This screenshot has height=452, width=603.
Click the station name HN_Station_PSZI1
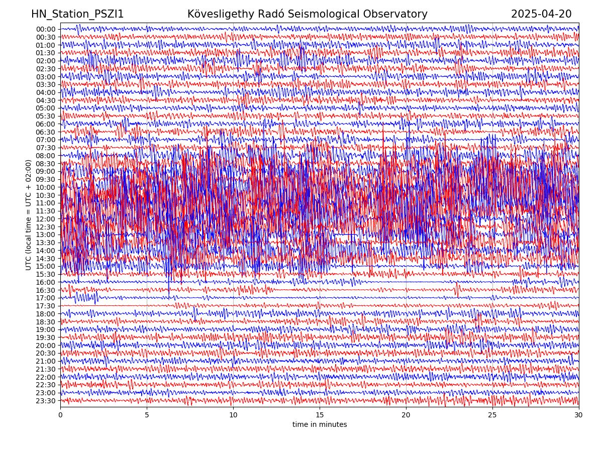pyautogui.click(x=77, y=14)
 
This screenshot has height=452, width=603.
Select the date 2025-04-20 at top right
pyautogui.click(x=541, y=14)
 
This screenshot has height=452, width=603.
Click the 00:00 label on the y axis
pyautogui.click(x=46, y=29)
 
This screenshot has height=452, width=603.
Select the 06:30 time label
pyautogui.click(x=46, y=132)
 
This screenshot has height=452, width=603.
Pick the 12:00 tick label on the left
pyautogui.click(x=46, y=219)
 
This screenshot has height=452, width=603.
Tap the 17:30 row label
pyautogui.click(x=46, y=306)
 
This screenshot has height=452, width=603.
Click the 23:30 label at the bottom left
pyautogui.click(x=46, y=401)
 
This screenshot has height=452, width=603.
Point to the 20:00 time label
pyautogui.click(x=46, y=346)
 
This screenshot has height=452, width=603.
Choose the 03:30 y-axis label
pyautogui.click(x=46, y=84)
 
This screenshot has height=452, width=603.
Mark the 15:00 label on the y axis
pyautogui.click(x=46, y=266)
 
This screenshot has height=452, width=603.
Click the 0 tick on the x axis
pyautogui.click(x=60, y=415)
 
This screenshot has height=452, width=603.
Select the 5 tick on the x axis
pyautogui.click(x=147, y=415)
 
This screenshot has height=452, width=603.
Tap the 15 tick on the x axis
pyautogui.click(x=320, y=415)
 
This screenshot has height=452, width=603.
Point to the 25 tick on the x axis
pyautogui.click(x=492, y=415)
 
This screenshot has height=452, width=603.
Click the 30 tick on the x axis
pyautogui.click(x=579, y=415)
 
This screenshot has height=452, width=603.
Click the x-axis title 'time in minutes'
pyautogui.click(x=320, y=425)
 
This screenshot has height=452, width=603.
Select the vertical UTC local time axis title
pyautogui.click(x=29, y=215)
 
